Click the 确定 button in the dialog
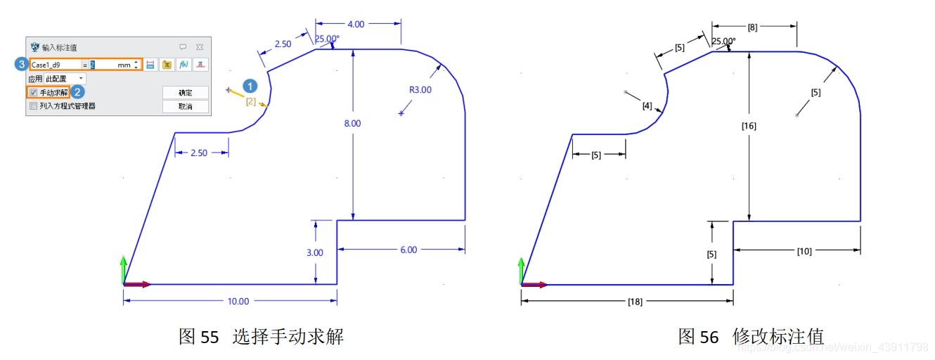click(185, 93)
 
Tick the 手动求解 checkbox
click(33, 93)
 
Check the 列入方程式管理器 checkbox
click(33, 106)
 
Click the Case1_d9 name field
click(55, 65)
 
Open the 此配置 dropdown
click(65, 79)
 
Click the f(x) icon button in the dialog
click(183, 65)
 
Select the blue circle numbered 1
click(250, 86)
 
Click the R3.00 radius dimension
click(420, 90)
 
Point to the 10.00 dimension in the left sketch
click(238, 302)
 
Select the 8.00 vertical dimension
click(352, 123)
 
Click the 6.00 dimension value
click(408, 250)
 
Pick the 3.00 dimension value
click(315, 252)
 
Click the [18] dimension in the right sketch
click(634, 302)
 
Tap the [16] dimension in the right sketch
click(749, 126)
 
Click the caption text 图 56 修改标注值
click(750, 336)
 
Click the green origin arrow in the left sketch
click(124, 269)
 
